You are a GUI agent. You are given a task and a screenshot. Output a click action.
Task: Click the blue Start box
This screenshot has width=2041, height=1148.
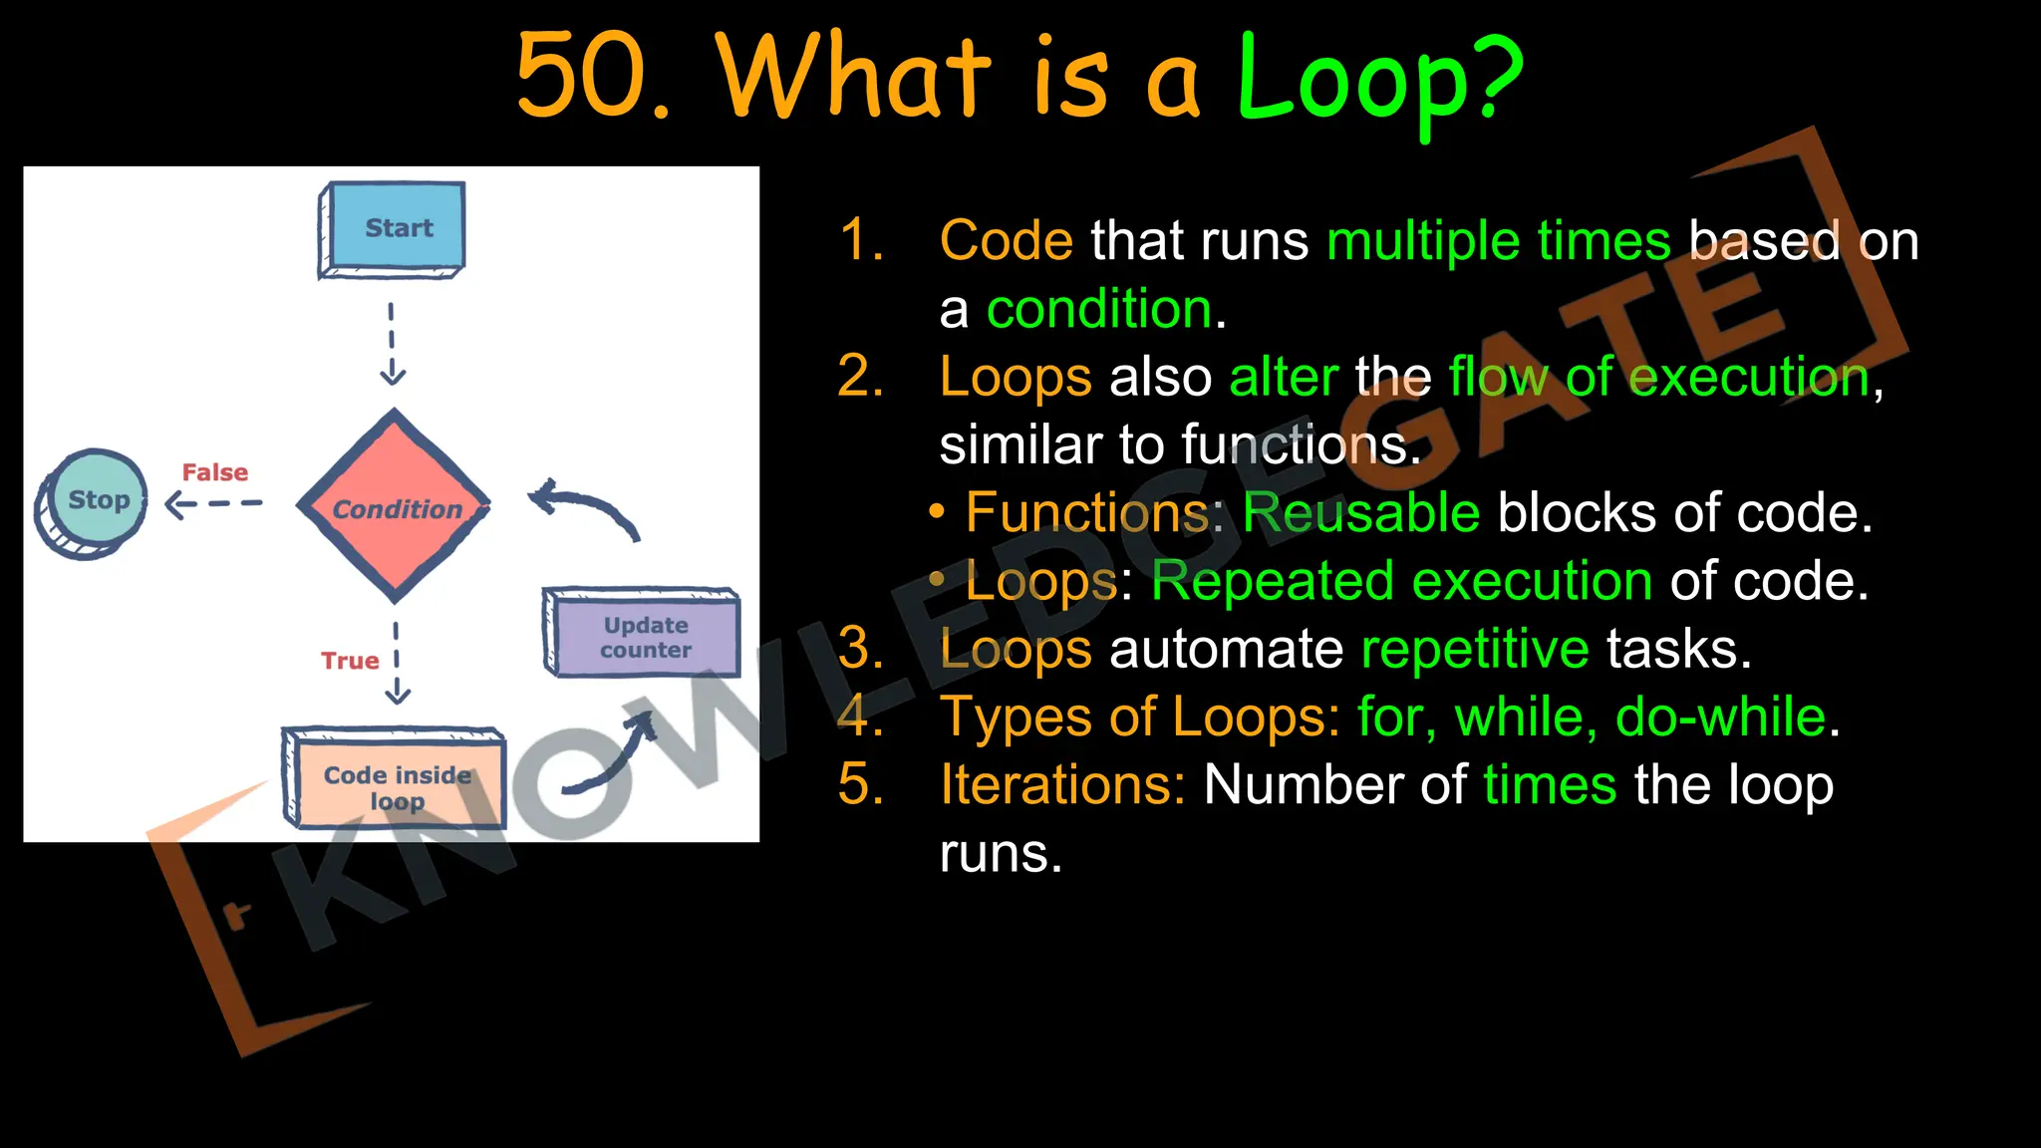[x=393, y=228]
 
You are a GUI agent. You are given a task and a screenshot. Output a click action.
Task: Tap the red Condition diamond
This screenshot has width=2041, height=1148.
[x=395, y=507]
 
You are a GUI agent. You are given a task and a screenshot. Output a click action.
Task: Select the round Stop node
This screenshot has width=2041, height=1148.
[x=92, y=501]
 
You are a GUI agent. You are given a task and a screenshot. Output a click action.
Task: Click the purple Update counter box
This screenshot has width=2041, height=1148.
[x=644, y=636]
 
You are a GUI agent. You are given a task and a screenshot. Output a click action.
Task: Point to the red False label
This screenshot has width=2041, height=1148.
[x=214, y=472]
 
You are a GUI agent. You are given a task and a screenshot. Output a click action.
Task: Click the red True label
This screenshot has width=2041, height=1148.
[x=350, y=661]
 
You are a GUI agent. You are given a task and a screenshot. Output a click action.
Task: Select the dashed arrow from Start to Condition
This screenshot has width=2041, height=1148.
[x=392, y=344]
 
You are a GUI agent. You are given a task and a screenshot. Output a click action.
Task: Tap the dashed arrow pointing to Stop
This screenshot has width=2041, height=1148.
[x=212, y=504]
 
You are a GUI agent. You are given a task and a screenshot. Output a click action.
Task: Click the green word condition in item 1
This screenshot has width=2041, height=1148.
[x=1099, y=309]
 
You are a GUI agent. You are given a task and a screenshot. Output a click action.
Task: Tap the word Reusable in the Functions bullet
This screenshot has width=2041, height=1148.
[x=1360, y=513]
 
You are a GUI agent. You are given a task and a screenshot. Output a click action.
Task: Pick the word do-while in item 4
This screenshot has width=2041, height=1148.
[x=1720, y=717]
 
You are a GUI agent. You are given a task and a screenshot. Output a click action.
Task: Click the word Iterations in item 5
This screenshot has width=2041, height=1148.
[x=1061, y=785]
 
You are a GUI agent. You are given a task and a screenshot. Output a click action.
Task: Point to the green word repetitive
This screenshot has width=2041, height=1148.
[x=1475, y=650]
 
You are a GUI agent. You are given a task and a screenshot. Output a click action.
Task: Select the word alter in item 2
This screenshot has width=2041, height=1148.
[x=1283, y=378]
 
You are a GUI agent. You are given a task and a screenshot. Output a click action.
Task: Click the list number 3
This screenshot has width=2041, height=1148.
[x=861, y=649]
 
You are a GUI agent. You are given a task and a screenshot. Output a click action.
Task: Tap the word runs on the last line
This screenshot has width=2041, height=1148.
[x=1000, y=854]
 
